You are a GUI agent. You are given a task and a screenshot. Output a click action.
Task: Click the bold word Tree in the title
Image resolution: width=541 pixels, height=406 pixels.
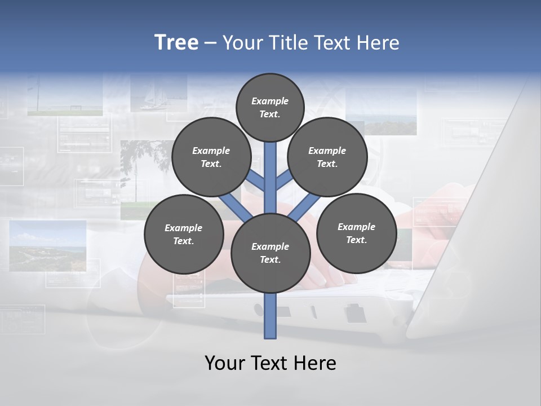point(176,43)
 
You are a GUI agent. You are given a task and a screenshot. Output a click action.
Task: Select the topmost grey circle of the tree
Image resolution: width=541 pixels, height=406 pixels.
point(270,107)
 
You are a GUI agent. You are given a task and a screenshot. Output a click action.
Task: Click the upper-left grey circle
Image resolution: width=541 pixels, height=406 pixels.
point(211,157)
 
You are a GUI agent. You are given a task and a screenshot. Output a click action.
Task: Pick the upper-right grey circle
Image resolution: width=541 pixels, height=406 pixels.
point(327,157)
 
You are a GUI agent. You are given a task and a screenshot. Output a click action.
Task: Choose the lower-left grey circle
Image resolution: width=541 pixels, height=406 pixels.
point(183,234)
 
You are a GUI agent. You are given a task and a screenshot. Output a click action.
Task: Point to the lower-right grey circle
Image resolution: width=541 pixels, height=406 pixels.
point(356,233)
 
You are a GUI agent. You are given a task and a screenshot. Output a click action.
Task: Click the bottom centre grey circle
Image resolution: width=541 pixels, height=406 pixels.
point(270,253)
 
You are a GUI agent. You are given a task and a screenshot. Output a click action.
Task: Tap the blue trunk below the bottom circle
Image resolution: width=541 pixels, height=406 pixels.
point(270,316)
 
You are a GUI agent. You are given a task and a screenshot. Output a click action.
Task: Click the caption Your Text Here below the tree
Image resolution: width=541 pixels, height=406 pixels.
point(270,363)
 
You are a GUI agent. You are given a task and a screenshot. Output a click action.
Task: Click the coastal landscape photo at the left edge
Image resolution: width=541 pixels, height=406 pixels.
point(47,245)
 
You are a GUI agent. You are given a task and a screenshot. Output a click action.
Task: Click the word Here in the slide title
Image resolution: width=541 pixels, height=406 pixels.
point(380,43)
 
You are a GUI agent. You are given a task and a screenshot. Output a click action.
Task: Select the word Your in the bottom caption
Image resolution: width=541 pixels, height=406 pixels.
point(224,363)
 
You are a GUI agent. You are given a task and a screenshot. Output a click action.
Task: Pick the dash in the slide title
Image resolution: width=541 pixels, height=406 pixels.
point(210,43)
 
